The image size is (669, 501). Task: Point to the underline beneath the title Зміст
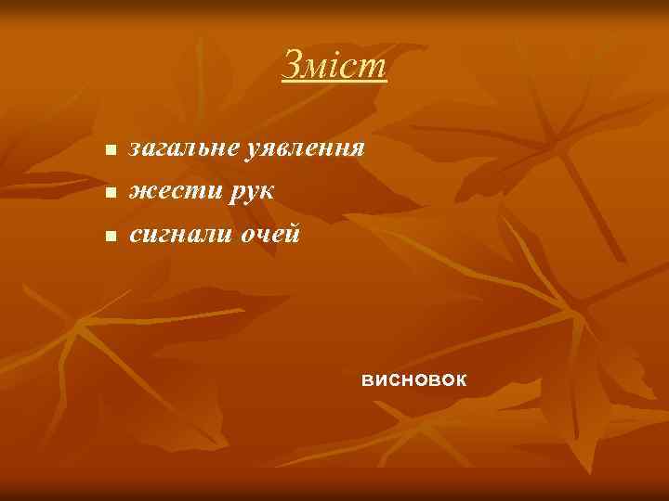pos(334,82)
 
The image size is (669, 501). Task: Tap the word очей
pos(270,235)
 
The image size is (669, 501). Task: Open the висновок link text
pos(414,379)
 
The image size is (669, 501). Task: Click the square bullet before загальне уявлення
pos(110,150)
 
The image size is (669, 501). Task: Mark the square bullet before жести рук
pos(110,194)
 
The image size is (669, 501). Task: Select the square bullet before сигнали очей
pos(110,238)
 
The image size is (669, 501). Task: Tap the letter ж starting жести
pos(139,191)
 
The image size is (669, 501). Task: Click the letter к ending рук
pos(265,191)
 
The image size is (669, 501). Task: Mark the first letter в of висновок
pos(368,379)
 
